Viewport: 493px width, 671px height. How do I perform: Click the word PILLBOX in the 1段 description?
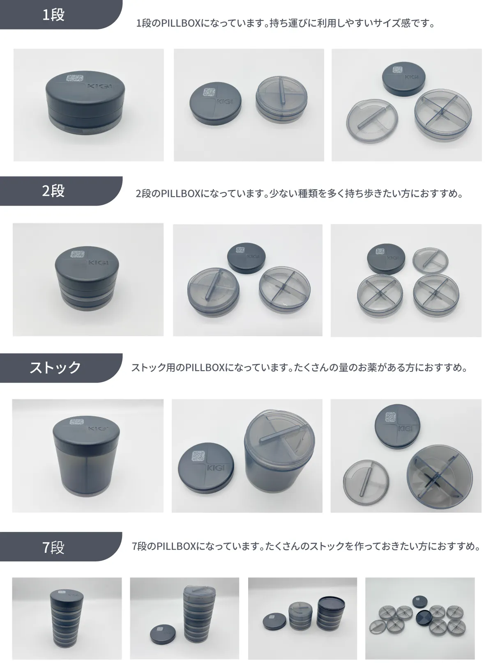click(x=180, y=23)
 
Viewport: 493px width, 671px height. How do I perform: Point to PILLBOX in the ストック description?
click(x=205, y=368)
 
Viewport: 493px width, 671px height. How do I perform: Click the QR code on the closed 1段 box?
click(x=75, y=78)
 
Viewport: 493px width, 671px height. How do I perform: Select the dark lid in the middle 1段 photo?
click(x=216, y=104)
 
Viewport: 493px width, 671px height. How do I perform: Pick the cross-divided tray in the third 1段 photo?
click(x=443, y=115)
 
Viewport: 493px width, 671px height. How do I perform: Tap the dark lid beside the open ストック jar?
click(x=206, y=468)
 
